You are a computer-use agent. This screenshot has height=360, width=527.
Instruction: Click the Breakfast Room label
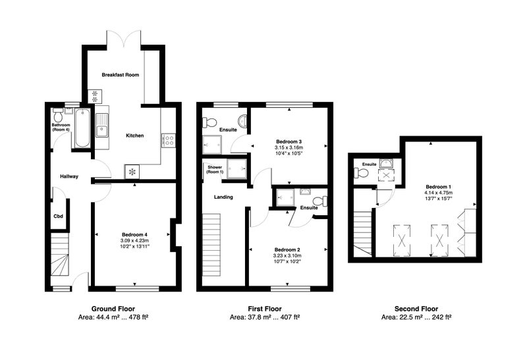coord(121,75)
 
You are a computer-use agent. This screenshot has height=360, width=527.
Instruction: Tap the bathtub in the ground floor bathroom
coord(82,128)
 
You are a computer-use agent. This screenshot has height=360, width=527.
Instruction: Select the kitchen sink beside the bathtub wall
coord(102,126)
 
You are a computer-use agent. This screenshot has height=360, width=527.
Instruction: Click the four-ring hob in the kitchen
coord(169,141)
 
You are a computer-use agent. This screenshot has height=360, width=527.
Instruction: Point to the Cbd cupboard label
coord(59,217)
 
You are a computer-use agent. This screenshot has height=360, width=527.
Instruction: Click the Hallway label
coord(69,176)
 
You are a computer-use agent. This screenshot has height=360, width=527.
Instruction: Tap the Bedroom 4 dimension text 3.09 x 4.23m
coord(135,240)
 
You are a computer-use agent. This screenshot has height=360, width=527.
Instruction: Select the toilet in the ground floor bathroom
coord(58,115)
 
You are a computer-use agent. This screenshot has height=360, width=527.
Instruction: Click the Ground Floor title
coord(113,309)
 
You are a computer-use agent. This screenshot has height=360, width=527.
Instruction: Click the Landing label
coord(223,197)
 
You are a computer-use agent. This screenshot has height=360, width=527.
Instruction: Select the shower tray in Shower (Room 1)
coord(237,168)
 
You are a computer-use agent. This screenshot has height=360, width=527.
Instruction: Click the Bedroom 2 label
coord(287,250)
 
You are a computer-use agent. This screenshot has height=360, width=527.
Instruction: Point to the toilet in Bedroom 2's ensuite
coord(319,201)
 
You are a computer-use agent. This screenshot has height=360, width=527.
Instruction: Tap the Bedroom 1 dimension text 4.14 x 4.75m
coord(439,193)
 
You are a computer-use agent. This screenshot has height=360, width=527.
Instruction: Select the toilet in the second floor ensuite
coord(361,174)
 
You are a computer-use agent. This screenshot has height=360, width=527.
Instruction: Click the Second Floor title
coord(416,309)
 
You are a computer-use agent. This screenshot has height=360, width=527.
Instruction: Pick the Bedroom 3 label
coord(289,141)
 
